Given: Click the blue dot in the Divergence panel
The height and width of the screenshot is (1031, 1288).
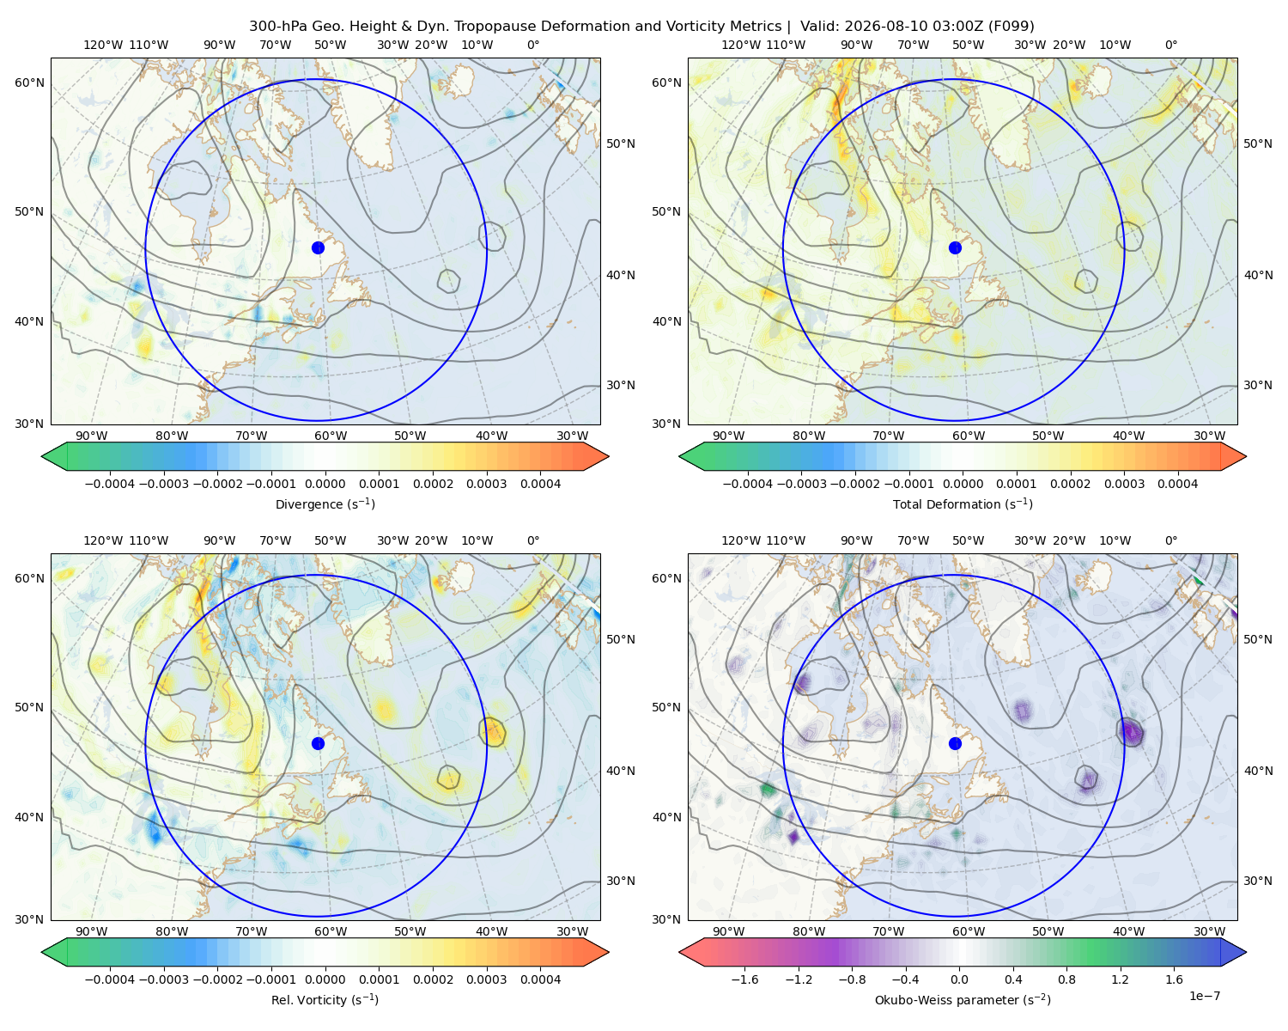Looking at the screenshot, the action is click(x=318, y=248).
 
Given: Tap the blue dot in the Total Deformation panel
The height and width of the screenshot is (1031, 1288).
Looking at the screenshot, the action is click(x=955, y=248).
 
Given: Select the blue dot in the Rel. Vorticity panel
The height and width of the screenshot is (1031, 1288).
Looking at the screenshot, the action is click(x=318, y=743).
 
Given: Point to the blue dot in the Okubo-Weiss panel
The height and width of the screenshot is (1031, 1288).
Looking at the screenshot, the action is click(x=955, y=743).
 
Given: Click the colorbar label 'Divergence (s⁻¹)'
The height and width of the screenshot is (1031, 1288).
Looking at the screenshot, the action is click(x=325, y=504).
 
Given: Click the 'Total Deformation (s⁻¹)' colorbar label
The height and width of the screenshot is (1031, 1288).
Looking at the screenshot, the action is click(x=963, y=504).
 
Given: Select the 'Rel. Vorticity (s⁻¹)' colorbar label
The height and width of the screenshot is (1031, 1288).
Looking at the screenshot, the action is click(x=325, y=1000).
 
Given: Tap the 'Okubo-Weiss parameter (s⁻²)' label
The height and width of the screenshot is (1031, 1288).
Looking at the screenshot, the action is click(x=963, y=1000).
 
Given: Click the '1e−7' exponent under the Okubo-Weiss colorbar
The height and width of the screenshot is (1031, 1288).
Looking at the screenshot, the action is click(x=1204, y=997).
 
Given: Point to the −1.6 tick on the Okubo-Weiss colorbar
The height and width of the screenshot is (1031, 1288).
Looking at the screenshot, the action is click(x=744, y=979).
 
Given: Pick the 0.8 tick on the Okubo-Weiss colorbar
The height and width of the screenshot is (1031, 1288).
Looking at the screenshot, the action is click(x=1066, y=979).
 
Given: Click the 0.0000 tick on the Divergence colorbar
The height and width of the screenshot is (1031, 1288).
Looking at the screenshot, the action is click(x=325, y=484).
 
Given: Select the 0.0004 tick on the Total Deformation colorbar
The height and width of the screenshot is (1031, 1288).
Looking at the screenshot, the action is click(x=1177, y=484).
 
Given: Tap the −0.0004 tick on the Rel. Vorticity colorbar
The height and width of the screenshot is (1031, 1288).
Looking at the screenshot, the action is click(x=110, y=979).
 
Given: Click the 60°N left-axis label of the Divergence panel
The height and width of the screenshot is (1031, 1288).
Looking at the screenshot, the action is click(x=29, y=82).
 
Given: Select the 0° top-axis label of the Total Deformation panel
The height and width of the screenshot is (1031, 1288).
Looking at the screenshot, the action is click(x=1170, y=45).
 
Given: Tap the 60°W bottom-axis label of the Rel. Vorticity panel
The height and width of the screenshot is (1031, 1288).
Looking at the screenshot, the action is click(x=331, y=931).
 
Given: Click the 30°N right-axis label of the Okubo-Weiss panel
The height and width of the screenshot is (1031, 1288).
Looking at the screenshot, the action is click(x=1257, y=881).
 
